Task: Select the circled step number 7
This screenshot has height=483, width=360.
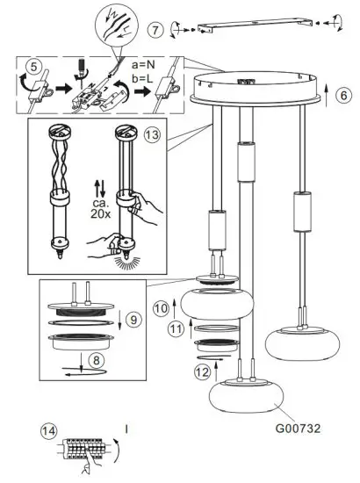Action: tap(156, 29)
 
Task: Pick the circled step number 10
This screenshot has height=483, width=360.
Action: tap(161, 308)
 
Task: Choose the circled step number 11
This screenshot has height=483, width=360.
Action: tap(176, 329)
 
